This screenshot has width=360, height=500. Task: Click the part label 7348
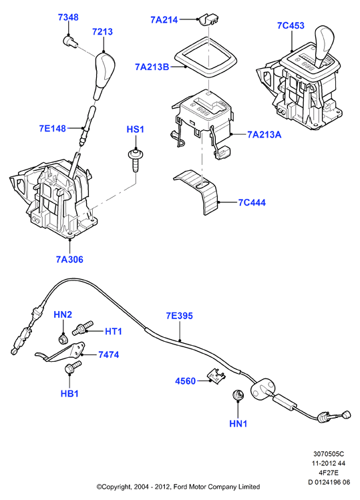[x=68, y=17]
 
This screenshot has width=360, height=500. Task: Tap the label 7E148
[x=52, y=129]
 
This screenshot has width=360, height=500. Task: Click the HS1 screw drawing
[x=136, y=160]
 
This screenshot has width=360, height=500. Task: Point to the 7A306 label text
[x=69, y=260]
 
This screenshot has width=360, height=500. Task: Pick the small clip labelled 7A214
[x=208, y=20]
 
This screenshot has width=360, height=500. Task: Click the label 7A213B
[x=152, y=67]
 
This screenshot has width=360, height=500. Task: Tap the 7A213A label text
[x=264, y=135]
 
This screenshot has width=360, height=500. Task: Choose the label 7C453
[x=291, y=25]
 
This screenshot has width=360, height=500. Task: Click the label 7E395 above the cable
[x=180, y=316]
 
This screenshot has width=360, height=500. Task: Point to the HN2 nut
[x=63, y=338]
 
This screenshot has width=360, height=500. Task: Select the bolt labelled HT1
[x=82, y=328]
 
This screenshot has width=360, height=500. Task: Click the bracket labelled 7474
[x=61, y=352]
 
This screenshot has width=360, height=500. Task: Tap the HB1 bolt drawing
[x=73, y=368]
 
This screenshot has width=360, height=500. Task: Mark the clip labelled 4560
[x=216, y=374]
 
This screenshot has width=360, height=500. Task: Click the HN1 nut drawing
[x=238, y=395]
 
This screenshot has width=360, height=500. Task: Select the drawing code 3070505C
[x=329, y=454]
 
